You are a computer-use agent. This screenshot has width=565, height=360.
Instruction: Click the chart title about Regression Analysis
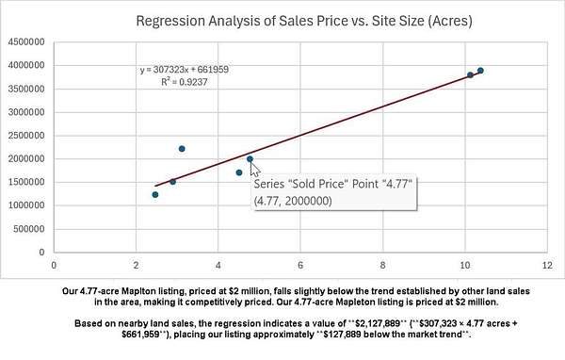pos(304,21)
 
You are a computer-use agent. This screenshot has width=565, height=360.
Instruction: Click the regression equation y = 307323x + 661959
pos(185,69)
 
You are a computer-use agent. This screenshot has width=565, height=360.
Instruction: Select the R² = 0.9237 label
pos(185,82)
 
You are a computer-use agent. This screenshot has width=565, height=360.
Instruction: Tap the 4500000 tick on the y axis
pos(26,41)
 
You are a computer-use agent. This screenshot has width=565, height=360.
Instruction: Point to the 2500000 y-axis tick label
pos(26,136)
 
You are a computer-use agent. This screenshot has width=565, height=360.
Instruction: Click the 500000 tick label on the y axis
pos(29,229)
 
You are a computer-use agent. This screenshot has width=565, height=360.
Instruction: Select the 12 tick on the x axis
pos(547,266)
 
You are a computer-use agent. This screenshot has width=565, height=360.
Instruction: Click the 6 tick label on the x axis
pos(300,266)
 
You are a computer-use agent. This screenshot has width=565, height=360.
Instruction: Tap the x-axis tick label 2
pos(136,266)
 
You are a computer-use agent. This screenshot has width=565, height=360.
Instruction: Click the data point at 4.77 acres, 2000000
pos(250,158)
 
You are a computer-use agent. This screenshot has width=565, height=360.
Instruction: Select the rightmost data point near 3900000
pos(480,71)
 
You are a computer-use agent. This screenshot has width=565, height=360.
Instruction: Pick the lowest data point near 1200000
pos(155,195)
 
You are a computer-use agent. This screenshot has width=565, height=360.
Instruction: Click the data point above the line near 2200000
pos(182,149)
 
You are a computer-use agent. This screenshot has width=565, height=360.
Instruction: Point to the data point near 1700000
pos(239,172)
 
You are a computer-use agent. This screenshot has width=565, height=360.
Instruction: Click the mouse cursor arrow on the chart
pos(254,169)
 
